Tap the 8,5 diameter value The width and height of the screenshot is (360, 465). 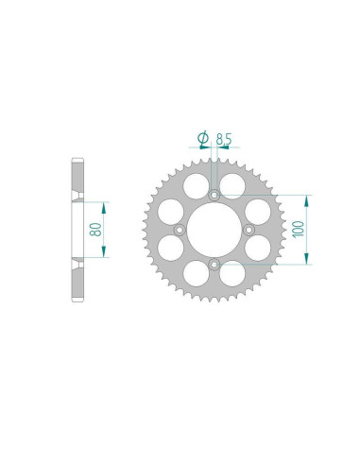tap(223, 139)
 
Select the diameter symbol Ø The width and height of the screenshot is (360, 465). tap(202, 139)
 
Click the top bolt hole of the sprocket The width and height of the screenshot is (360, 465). tap(214, 195)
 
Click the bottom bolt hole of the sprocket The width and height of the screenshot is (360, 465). tap(214, 264)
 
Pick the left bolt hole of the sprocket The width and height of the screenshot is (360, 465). tap(180, 230)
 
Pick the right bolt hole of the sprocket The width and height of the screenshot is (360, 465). tap(249, 230)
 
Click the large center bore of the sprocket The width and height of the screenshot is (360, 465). tap(214, 230)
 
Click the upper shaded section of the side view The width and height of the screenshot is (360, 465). tap(77, 180)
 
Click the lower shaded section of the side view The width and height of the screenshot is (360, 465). tap(77, 279)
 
